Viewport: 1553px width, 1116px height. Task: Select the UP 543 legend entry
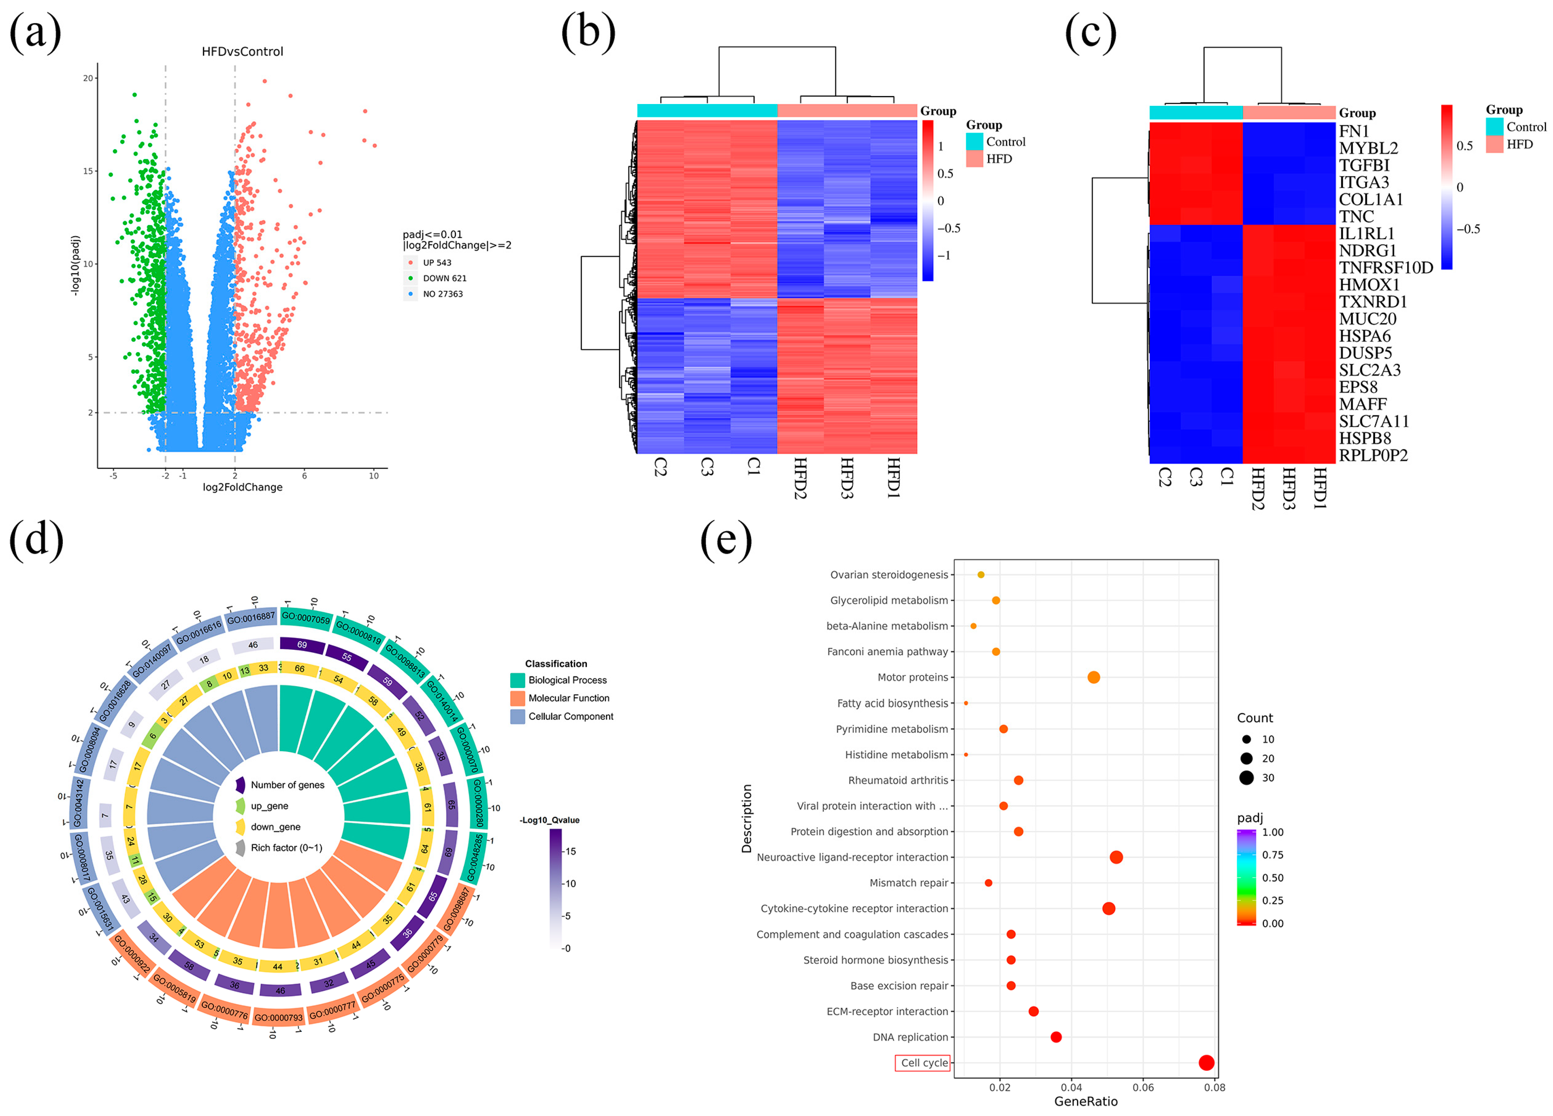tap(436, 263)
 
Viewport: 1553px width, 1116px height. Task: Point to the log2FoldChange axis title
tap(243, 487)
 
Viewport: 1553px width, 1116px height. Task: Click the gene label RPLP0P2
tap(1373, 455)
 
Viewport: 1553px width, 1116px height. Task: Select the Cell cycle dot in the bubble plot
tap(1207, 1063)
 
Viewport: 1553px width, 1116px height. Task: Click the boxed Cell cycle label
tap(923, 1063)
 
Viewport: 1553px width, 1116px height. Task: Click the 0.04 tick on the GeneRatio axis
tap(1072, 1087)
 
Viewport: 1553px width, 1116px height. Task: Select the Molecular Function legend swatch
tap(518, 698)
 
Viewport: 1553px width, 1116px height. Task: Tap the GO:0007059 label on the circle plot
tap(306, 618)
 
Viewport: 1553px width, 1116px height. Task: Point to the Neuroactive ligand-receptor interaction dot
tap(1116, 857)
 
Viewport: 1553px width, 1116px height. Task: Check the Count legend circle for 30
tap(1246, 778)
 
